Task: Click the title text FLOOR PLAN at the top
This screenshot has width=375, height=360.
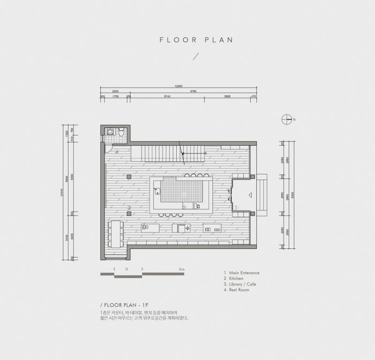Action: click(196, 40)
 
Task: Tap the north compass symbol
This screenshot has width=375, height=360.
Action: click(286, 119)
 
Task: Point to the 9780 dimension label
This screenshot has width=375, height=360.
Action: click(193, 91)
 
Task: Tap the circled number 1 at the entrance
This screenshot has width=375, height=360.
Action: click(236, 207)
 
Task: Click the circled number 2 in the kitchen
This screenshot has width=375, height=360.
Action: click(184, 207)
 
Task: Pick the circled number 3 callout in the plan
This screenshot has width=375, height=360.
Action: click(129, 207)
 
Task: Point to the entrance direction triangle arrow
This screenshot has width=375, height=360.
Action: click(251, 194)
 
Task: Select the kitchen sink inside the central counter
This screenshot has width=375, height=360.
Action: click(157, 191)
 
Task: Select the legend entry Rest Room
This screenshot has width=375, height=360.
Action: click(239, 290)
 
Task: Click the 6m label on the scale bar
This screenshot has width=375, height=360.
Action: click(182, 270)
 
